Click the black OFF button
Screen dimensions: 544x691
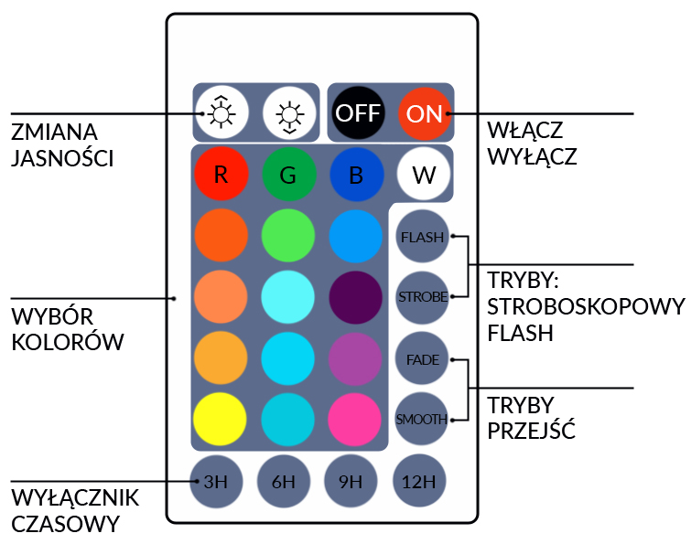coord(358,113)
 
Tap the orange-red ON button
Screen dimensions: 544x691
coord(425,113)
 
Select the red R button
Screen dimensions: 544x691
coord(221,176)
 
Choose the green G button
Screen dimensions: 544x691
coord(288,176)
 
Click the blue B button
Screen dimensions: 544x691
coord(356,176)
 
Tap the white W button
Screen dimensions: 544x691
coord(424,176)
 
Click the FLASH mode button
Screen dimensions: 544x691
coord(422,237)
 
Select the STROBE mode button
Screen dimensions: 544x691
coord(422,297)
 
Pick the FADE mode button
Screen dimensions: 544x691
coord(422,359)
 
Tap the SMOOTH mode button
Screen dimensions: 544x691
coord(422,420)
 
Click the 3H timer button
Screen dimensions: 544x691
coord(216,481)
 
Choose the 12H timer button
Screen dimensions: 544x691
coord(419,481)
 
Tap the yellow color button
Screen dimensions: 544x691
coord(221,419)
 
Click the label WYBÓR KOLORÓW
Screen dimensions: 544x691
coord(68,329)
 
